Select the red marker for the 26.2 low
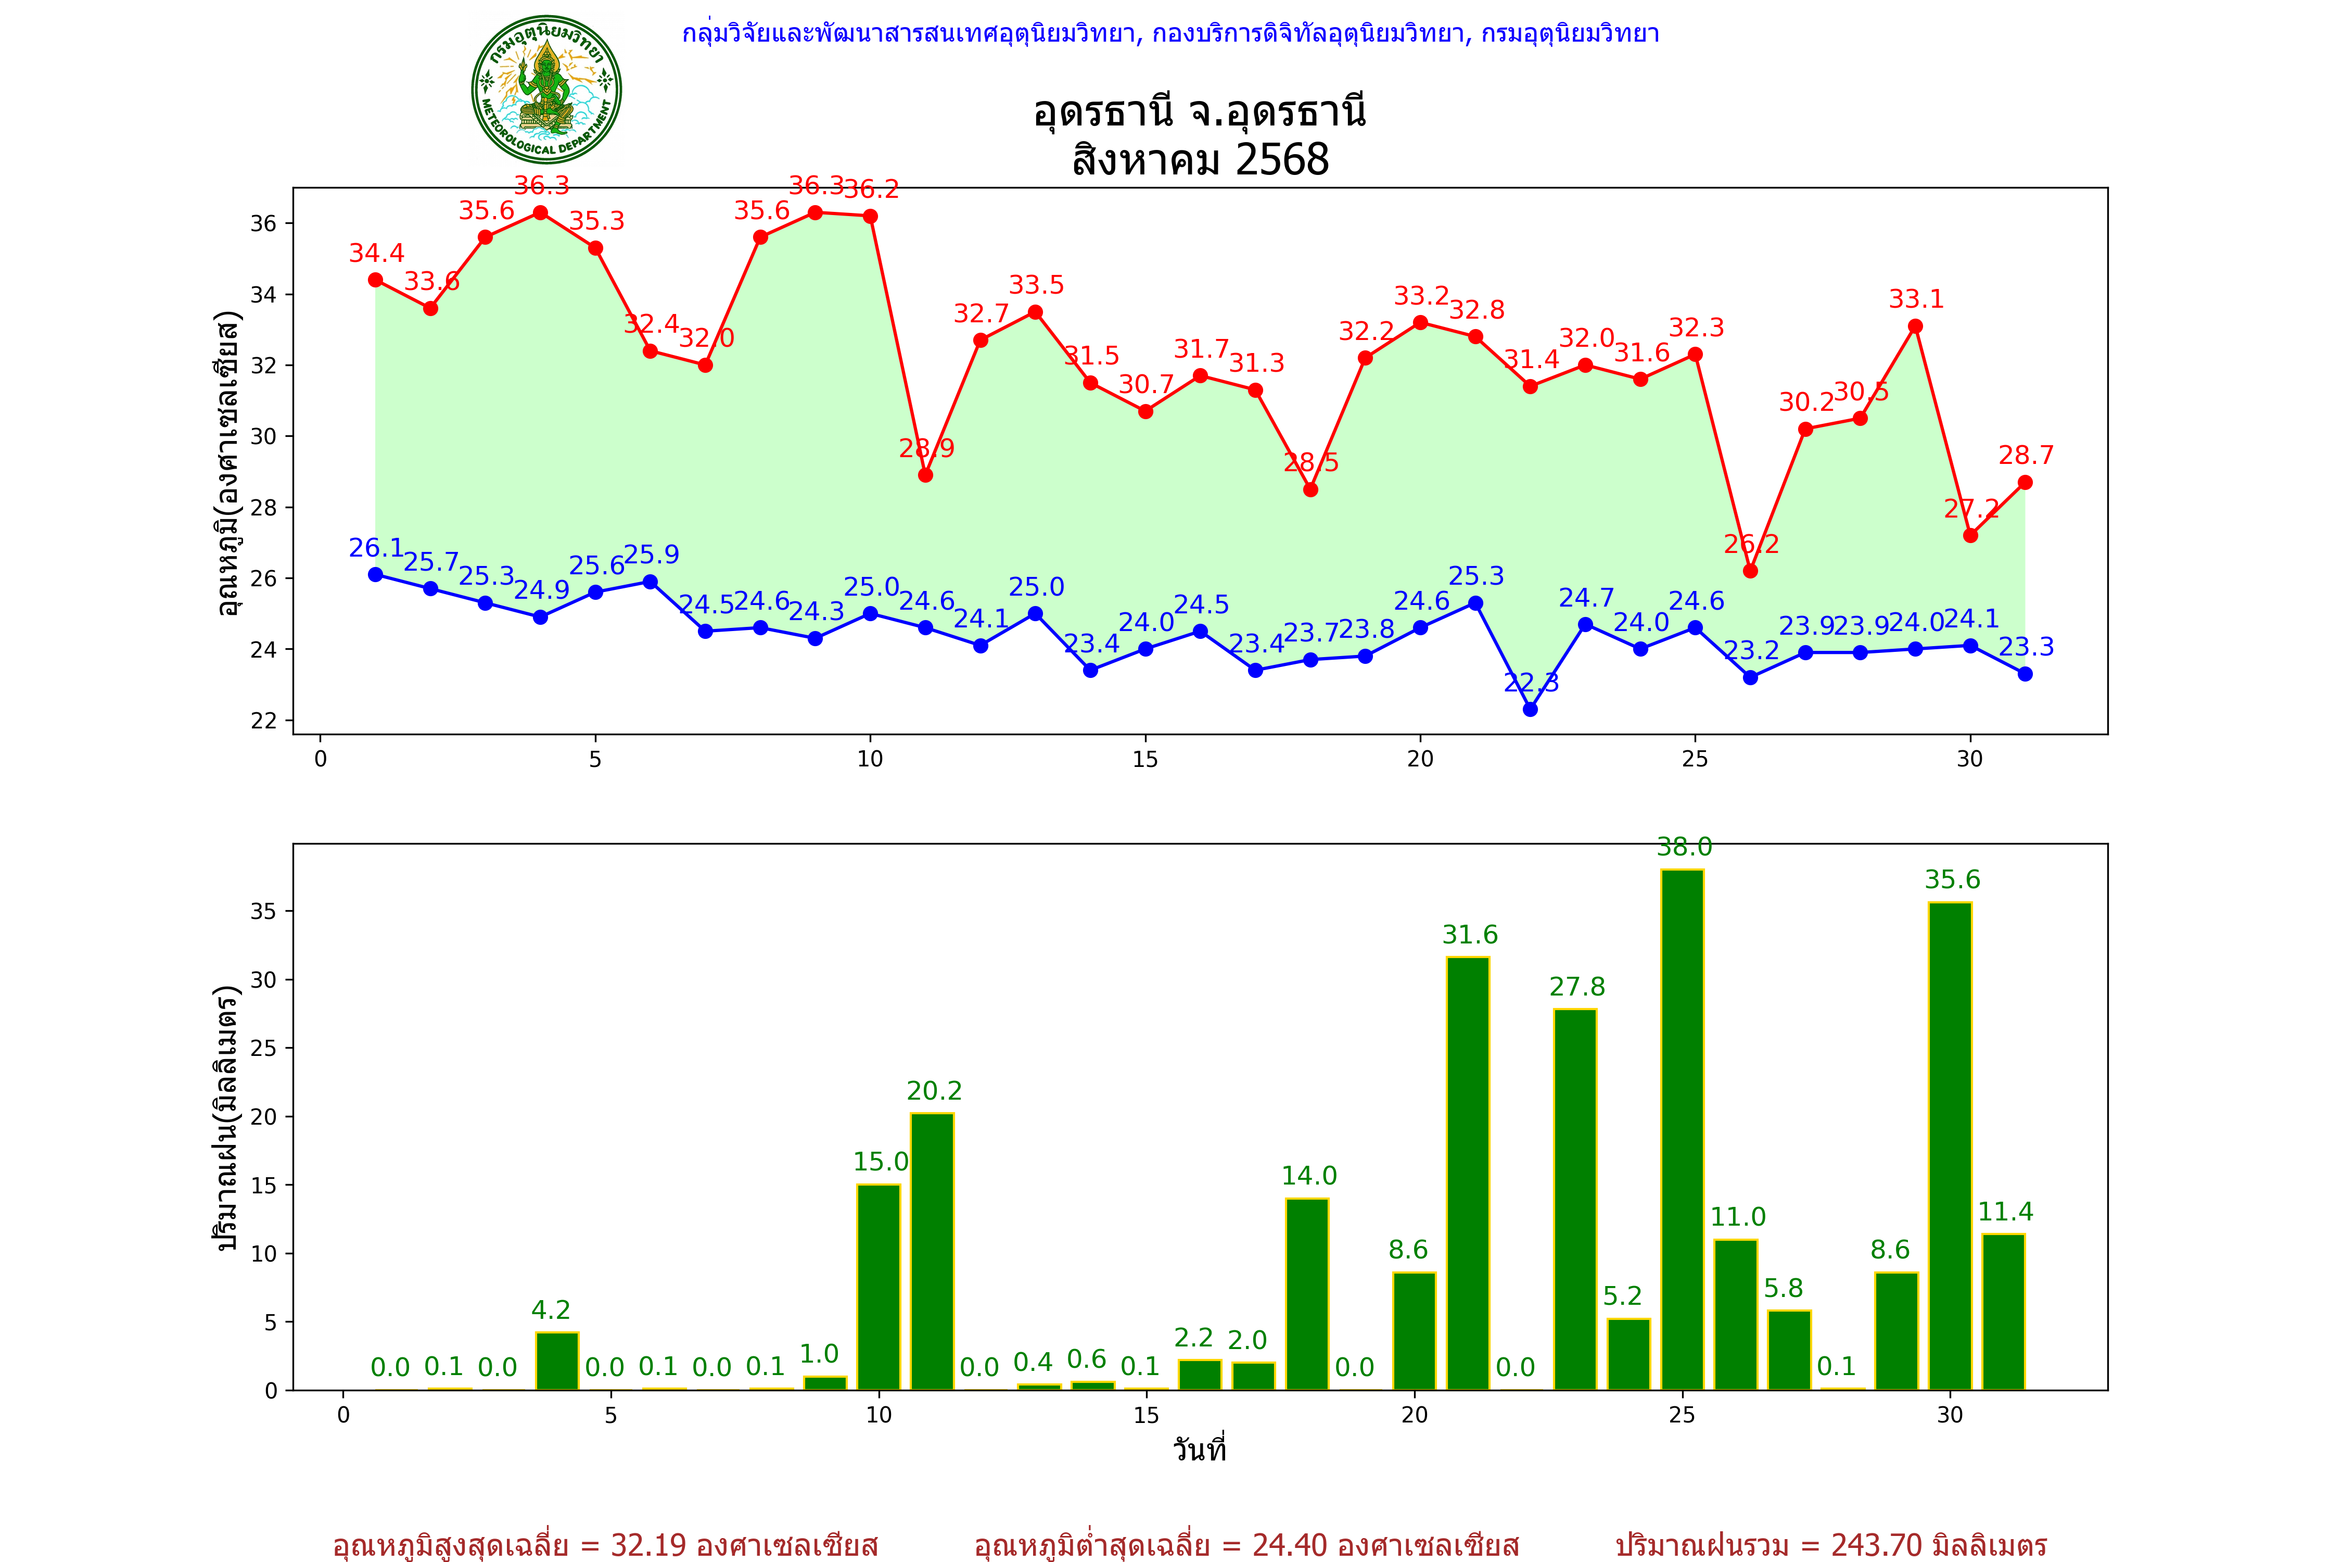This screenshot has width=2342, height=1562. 1751,571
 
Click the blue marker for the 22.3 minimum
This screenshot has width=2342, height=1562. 1531,709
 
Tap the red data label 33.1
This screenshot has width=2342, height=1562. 1916,299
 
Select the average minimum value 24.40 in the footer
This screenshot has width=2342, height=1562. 1290,1545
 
